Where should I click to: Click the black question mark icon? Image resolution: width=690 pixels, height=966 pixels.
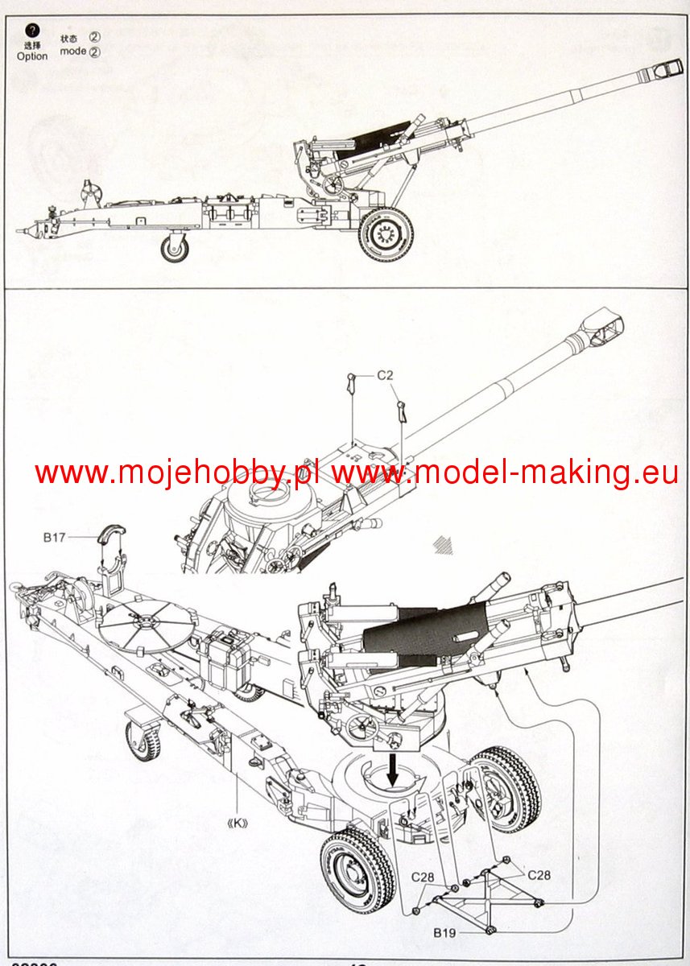click(x=32, y=31)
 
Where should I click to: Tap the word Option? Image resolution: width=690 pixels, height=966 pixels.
click(x=32, y=56)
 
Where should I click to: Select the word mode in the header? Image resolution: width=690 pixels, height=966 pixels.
click(x=73, y=52)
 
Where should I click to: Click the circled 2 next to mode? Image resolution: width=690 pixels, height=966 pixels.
click(x=95, y=52)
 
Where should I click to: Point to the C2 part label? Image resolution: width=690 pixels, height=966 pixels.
click(x=386, y=375)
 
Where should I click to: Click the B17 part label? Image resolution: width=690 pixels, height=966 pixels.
click(x=55, y=537)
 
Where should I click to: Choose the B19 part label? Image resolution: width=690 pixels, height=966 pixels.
click(x=444, y=934)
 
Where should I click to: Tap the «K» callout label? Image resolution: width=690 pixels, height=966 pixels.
click(x=237, y=824)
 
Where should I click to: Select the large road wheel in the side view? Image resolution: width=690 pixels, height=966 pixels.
click(x=386, y=235)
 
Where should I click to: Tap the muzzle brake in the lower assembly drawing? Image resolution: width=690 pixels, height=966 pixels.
click(x=604, y=326)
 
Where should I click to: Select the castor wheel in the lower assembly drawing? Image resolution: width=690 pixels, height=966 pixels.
click(x=143, y=741)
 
